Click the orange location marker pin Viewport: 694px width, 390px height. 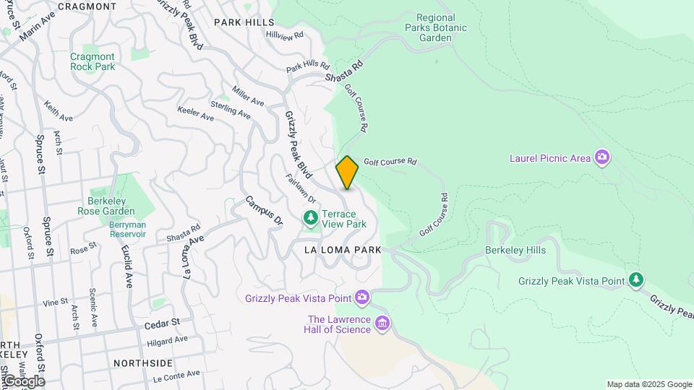[347, 173]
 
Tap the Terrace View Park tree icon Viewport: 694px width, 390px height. [310, 217]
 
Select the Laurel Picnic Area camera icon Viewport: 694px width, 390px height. [601, 157]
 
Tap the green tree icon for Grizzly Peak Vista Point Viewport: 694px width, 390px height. [635, 279]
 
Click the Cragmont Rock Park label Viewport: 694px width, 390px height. [93, 61]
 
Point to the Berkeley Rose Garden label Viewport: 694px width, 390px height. [106, 206]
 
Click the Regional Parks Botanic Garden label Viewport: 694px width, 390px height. [435, 27]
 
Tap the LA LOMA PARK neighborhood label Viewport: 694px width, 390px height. [342, 250]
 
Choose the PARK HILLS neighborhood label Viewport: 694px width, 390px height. [244, 22]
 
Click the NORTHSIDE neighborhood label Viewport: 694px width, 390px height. [143, 363]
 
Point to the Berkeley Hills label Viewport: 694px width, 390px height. [515, 250]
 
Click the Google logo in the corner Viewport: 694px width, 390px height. [23, 381]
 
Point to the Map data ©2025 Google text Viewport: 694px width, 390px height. [649, 384]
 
